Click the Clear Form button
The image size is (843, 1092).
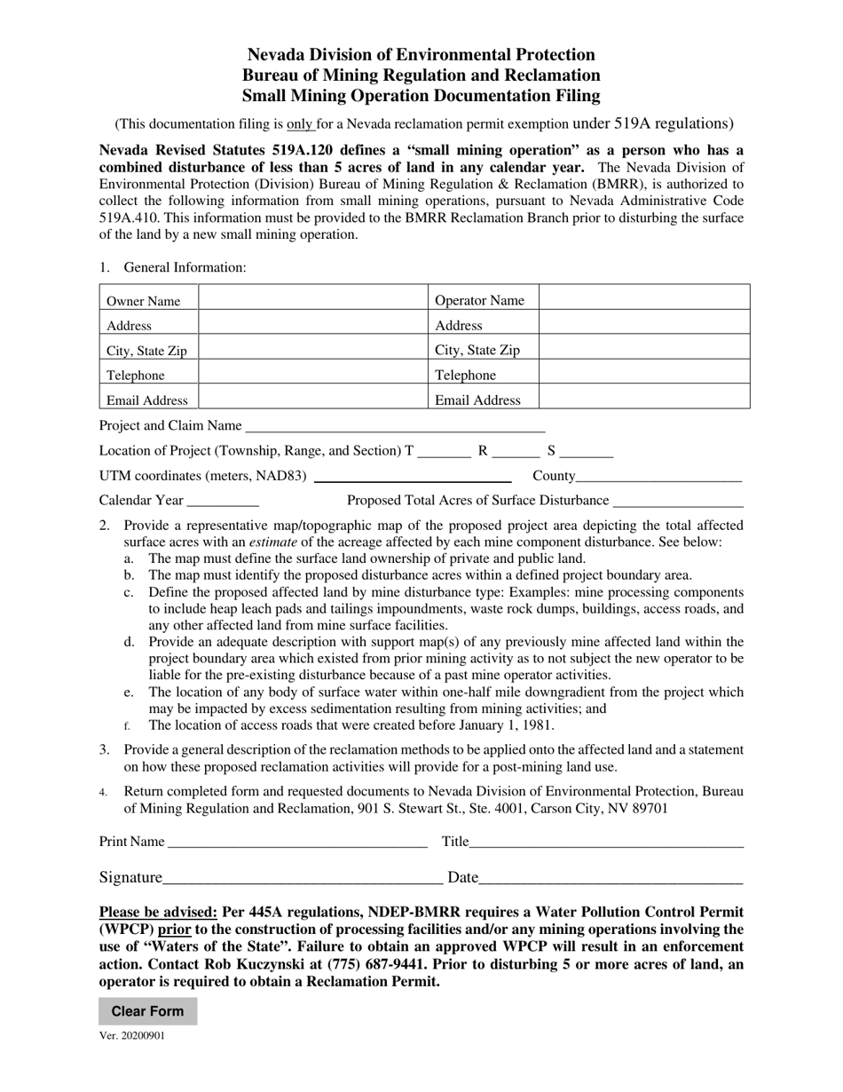(x=147, y=1011)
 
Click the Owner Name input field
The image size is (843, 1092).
(x=313, y=299)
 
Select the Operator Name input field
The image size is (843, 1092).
(x=643, y=299)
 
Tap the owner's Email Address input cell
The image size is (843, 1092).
(x=313, y=399)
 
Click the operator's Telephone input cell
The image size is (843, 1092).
(x=643, y=374)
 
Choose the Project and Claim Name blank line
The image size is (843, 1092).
(x=395, y=427)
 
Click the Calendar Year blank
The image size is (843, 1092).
(x=223, y=502)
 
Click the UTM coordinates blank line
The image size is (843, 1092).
(x=412, y=477)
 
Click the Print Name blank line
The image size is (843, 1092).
(x=297, y=843)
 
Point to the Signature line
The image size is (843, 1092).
(x=303, y=880)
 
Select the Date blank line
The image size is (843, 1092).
(x=611, y=880)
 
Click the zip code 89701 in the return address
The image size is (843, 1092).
(x=650, y=808)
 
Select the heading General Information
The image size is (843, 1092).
(x=185, y=267)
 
